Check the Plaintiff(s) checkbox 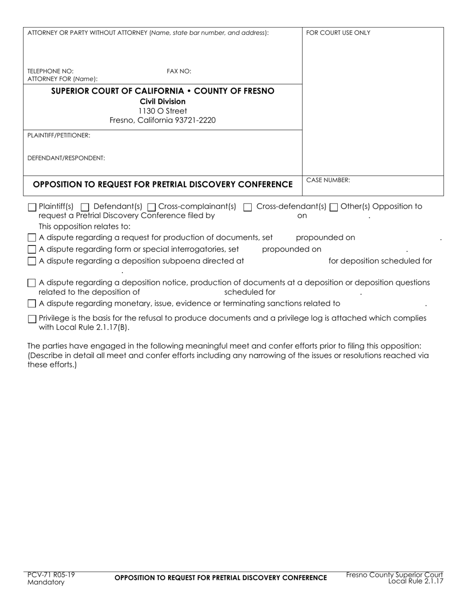32,208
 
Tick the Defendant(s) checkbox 85,208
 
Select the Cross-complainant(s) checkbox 151,208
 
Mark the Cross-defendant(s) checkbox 248,208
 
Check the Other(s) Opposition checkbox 334,208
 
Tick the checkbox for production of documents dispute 32,238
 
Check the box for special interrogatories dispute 32,250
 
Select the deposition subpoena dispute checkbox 32,261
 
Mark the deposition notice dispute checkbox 32,283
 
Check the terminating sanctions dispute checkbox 32,304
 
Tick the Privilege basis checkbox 32,319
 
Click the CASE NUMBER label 328,180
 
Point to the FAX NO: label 179,71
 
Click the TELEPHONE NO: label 50,71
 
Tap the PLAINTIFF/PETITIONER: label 58,135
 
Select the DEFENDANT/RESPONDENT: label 66,158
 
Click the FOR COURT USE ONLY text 338,33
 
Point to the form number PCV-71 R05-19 51,575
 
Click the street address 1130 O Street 162,111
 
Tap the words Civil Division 162,101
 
